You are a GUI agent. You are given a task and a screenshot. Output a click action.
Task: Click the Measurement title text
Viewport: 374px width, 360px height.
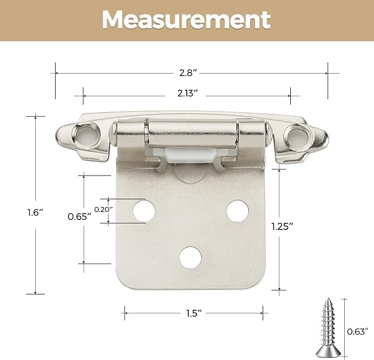coord(187,20)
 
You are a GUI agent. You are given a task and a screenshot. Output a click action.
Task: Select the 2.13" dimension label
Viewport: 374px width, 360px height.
coord(187,94)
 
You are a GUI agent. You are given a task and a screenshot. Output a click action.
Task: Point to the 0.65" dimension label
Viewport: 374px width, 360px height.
coord(79,216)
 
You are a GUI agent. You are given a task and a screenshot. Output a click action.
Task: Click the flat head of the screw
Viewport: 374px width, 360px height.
coord(328,351)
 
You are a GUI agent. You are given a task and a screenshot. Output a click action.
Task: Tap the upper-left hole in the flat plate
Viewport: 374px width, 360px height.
coord(144,210)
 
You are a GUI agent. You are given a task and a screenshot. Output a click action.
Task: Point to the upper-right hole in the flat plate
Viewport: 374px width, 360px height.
coord(237,210)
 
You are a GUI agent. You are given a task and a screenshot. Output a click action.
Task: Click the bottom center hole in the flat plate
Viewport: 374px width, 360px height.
coord(191,257)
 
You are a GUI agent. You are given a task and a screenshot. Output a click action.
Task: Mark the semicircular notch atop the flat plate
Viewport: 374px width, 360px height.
coord(191,173)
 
